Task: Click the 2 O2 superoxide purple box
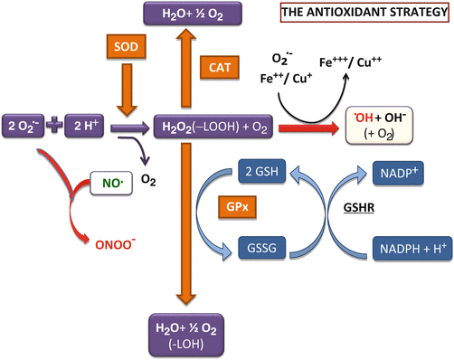pyautogui.click(x=28, y=125)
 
